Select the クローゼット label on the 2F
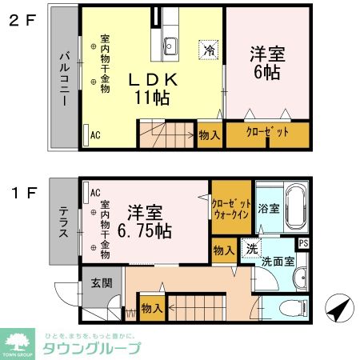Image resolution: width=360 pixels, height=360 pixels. click(266, 133)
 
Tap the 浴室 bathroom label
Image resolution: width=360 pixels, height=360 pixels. click(268, 210)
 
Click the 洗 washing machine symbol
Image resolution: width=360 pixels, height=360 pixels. click(250, 247)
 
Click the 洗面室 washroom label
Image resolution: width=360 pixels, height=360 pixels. click(278, 260)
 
